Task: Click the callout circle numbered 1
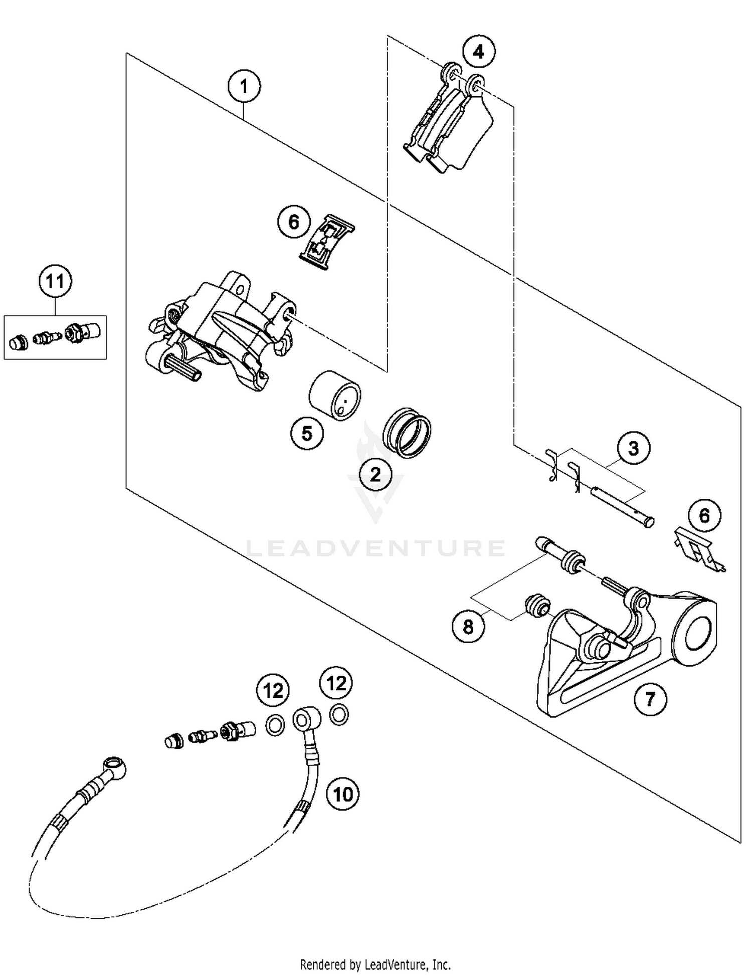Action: [244, 87]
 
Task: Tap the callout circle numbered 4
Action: [479, 52]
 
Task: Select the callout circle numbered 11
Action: [55, 281]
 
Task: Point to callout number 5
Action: [307, 433]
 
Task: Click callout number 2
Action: [375, 474]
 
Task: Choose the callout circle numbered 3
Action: [633, 448]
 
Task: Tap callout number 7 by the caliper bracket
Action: [650, 698]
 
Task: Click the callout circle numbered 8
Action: [468, 626]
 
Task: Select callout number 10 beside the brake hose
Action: [343, 794]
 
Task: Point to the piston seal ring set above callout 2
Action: [407, 432]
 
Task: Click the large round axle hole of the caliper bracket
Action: [697, 635]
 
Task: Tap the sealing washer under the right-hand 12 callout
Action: [339, 715]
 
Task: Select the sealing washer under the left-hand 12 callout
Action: [274, 724]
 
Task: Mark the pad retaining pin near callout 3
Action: [622, 507]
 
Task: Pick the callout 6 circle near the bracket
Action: [704, 515]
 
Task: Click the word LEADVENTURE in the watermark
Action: [376, 548]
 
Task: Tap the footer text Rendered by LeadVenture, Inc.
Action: [375, 964]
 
